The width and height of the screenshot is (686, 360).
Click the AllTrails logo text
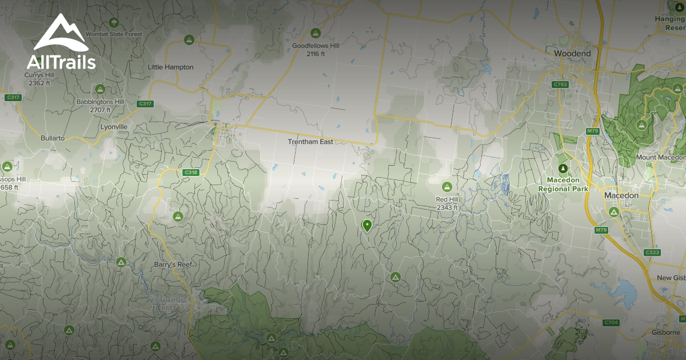pos(61,62)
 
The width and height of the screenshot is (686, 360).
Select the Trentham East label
pos(310,141)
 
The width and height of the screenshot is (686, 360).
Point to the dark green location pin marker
pos(367,226)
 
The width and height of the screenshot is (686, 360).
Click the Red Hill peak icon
pos(446,187)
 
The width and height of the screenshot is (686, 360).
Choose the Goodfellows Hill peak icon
pos(314,33)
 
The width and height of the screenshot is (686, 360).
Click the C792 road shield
pos(560,84)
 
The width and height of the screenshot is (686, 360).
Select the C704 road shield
pos(611,323)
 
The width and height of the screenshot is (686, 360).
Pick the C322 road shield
pos(652,252)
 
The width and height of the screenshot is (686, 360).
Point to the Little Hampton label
pos(170,67)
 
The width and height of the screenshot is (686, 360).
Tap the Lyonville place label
pos(113,126)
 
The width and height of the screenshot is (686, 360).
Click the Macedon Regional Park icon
pos(563,168)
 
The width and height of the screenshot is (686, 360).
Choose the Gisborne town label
pos(666,332)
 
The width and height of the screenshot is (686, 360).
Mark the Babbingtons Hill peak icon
pos(100,89)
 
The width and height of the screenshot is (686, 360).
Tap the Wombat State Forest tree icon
pos(114,22)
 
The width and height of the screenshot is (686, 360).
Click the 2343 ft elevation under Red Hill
pos(447,207)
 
